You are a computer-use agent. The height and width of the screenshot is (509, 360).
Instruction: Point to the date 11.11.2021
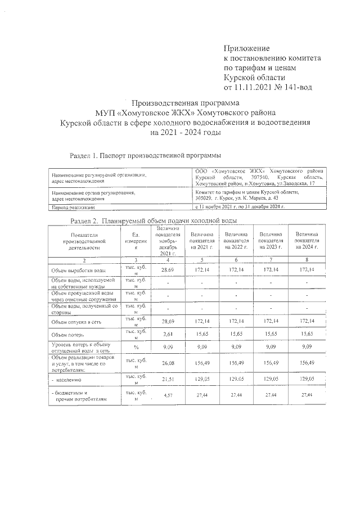(x=256, y=87)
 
